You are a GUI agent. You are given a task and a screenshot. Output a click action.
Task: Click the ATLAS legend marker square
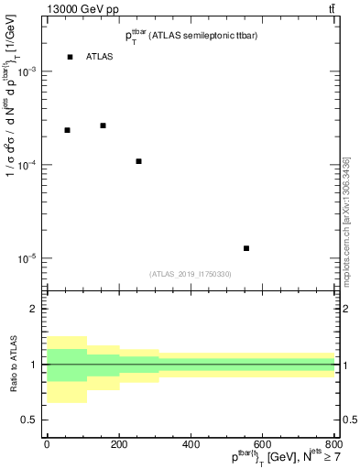click(70, 57)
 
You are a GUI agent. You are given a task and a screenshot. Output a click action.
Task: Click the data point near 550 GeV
click(246, 248)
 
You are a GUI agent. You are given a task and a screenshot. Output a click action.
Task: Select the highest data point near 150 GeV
click(103, 125)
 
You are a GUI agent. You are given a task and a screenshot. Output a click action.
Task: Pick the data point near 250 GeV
click(138, 161)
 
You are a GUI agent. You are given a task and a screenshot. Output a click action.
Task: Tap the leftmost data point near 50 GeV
click(67, 130)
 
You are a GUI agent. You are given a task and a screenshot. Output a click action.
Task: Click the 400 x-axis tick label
click(191, 444)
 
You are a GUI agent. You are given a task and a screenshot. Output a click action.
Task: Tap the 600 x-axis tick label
click(263, 444)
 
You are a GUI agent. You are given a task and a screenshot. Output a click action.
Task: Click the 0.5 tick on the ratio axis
click(31, 420)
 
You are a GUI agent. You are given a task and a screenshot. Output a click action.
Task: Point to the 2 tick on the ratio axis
click(35, 310)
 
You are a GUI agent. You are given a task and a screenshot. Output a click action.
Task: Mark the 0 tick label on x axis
click(47, 444)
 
